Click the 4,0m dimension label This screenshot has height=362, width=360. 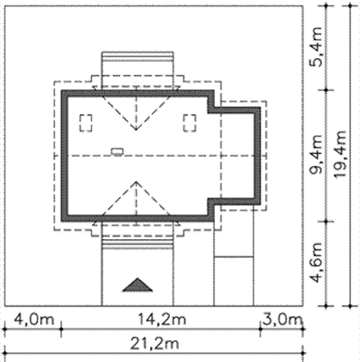tap(34, 320)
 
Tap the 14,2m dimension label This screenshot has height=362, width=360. tap(162, 320)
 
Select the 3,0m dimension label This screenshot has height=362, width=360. tap(282, 320)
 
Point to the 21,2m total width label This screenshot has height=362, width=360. tap(155, 344)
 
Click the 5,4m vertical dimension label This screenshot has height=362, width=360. tap(316, 47)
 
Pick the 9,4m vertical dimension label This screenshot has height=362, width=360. tap(316, 155)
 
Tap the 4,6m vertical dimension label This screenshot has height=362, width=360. tap(316, 262)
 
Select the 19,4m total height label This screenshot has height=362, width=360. tap(340, 155)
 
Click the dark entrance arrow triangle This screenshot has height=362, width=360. tap(137, 285)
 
